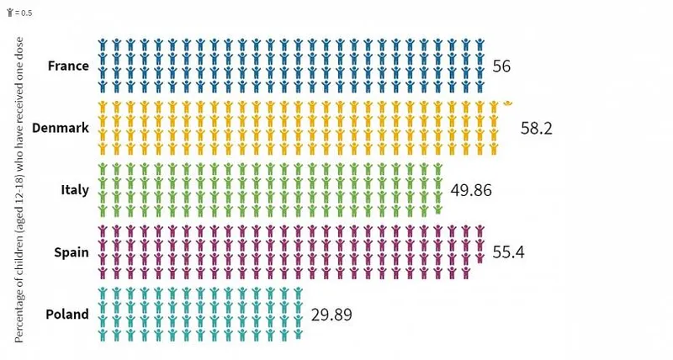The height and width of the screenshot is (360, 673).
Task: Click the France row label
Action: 68,66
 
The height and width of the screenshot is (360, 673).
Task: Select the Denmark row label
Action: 60,128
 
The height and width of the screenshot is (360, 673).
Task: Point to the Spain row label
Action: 71,251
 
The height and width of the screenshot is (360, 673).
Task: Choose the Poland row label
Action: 68,314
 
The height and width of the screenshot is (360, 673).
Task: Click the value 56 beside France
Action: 502,66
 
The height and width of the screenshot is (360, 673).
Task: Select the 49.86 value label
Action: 470,190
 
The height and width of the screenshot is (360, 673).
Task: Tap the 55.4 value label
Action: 506,251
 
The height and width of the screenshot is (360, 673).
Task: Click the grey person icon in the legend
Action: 8,13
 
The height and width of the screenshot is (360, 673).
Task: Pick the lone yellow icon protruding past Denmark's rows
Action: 508,103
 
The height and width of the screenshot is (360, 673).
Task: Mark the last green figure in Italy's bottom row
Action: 438,210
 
